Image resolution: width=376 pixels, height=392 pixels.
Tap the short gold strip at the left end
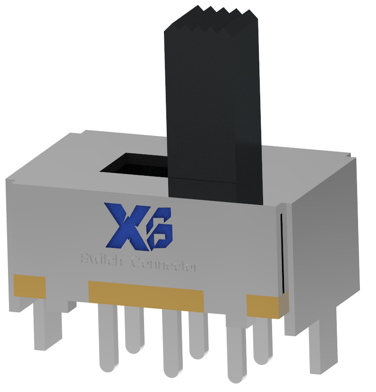(29, 286)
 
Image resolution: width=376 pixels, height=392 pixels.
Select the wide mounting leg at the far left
(47, 326)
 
